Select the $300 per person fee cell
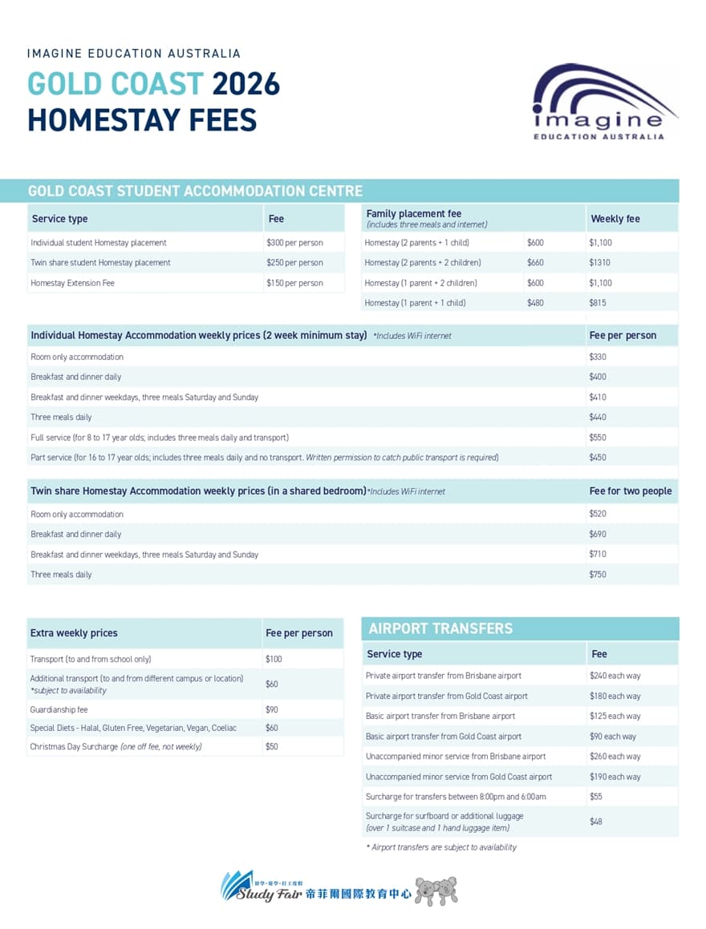click(x=294, y=243)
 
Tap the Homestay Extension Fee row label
click(x=72, y=283)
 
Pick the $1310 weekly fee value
click(x=599, y=263)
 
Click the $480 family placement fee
click(x=535, y=303)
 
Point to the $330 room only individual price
click(x=598, y=357)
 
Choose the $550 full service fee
click(x=598, y=438)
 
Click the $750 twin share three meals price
click(x=598, y=575)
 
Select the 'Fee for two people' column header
click(x=631, y=491)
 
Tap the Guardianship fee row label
click(x=59, y=710)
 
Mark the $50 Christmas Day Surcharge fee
click(x=272, y=747)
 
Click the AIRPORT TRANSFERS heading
click(x=440, y=629)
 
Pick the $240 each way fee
click(x=615, y=676)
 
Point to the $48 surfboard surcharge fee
click(x=596, y=822)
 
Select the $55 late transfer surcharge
click(x=596, y=797)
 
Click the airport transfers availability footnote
click(x=441, y=847)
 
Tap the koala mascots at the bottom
click(x=436, y=891)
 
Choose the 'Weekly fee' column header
click(x=615, y=219)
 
